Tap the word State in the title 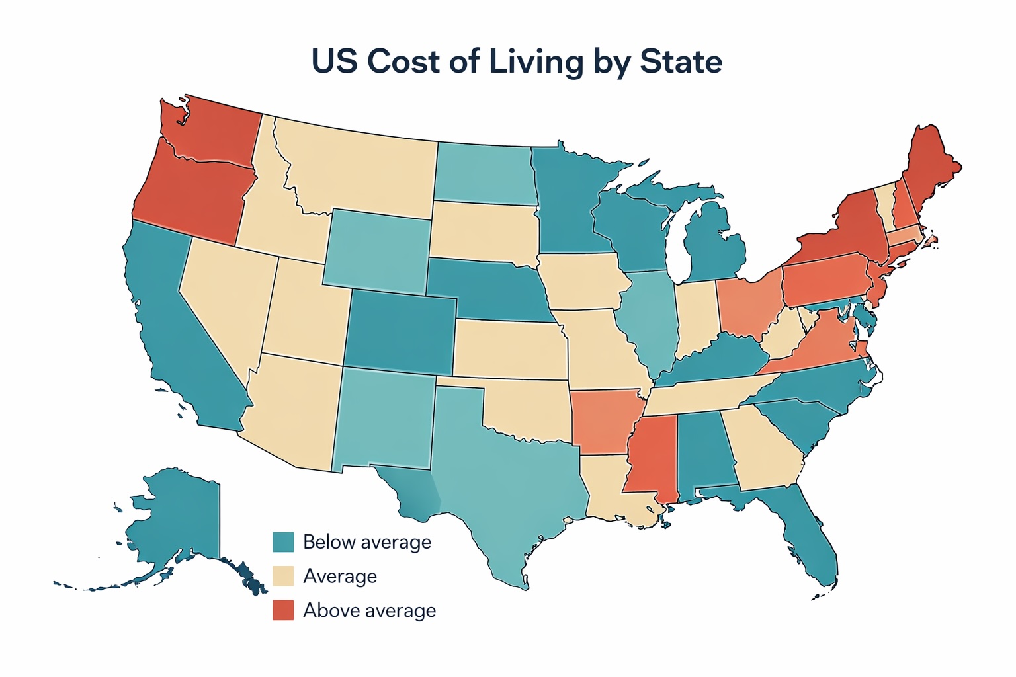click(x=681, y=61)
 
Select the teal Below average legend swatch click(x=283, y=541)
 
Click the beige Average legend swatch click(x=283, y=576)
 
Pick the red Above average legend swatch click(x=283, y=610)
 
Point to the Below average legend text click(x=366, y=542)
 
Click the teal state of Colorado click(x=400, y=334)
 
